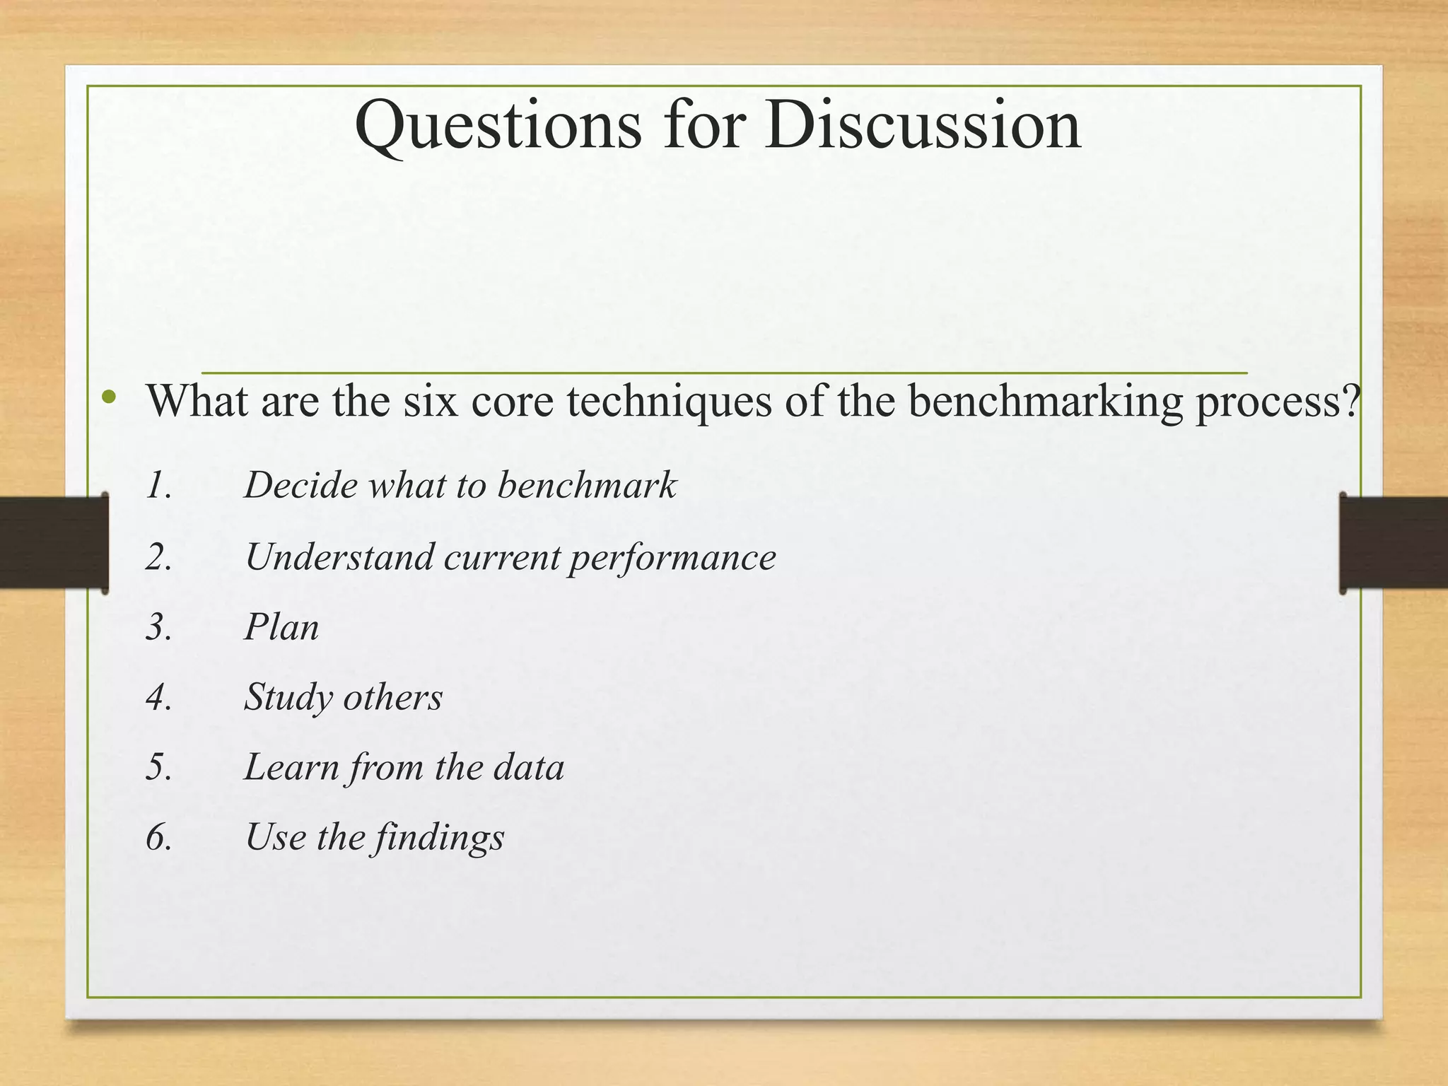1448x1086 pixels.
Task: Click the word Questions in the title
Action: coord(498,126)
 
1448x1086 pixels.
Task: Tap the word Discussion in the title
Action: coord(922,124)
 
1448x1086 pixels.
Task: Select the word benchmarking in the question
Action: coord(1045,402)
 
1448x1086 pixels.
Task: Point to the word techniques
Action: coord(670,402)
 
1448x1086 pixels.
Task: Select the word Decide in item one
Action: coord(301,485)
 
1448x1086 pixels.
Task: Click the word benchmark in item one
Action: coord(587,485)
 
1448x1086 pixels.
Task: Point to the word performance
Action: coord(672,559)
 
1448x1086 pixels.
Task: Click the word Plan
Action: coord(281,627)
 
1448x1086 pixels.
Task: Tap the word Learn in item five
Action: coord(291,767)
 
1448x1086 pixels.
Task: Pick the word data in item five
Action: coord(529,767)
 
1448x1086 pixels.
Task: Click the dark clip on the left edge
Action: coord(54,543)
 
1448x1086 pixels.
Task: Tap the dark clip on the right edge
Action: coord(1393,543)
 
